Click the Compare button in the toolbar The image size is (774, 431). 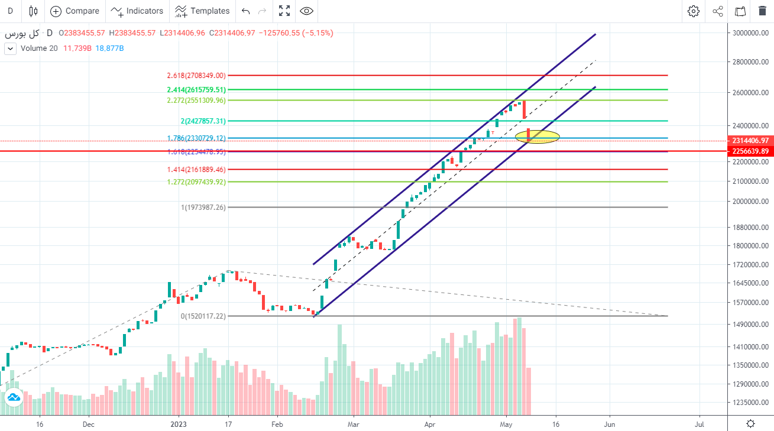[75, 11]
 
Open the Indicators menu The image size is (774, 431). [137, 11]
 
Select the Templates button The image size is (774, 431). [202, 11]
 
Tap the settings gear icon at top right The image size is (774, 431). [694, 11]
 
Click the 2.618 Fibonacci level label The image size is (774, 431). [196, 76]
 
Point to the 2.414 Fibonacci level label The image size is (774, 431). [196, 90]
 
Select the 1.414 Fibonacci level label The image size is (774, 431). [196, 170]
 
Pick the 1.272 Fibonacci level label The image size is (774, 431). [196, 182]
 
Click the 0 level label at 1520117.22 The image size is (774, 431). [203, 316]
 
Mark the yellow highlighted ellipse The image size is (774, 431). [537, 137]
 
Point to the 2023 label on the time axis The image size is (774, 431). [179, 424]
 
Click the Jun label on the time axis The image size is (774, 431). [610, 424]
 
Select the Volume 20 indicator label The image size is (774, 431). [39, 48]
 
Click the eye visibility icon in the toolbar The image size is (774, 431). [306, 11]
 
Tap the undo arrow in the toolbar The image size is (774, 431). [246, 11]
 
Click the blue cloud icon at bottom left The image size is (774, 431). [12, 397]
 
